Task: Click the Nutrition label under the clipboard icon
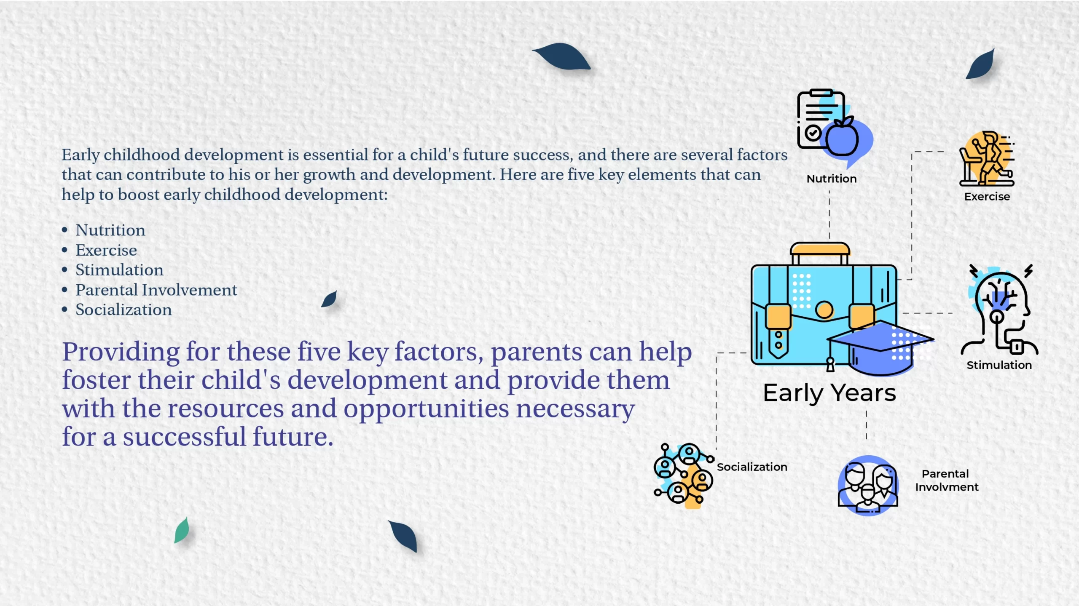click(x=831, y=179)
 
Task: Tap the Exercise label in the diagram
click(x=987, y=197)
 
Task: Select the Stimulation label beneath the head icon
click(x=999, y=365)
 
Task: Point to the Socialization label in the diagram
click(x=752, y=467)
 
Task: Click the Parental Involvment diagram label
click(x=947, y=481)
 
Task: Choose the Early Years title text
click(x=829, y=393)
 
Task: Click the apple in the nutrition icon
click(x=842, y=137)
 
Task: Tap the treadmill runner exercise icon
click(x=987, y=159)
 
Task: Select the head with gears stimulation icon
click(x=999, y=310)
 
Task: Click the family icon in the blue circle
click(x=868, y=486)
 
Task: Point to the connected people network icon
click(x=684, y=475)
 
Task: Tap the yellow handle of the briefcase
click(x=820, y=249)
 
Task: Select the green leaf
click(x=182, y=531)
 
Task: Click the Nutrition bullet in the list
click(x=110, y=230)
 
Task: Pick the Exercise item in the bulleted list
click(x=106, y=250)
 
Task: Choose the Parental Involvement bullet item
click(x=156, y=290)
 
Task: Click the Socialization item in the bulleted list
click(x=123, y=310)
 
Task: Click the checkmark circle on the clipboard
click(x=813, y=133)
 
